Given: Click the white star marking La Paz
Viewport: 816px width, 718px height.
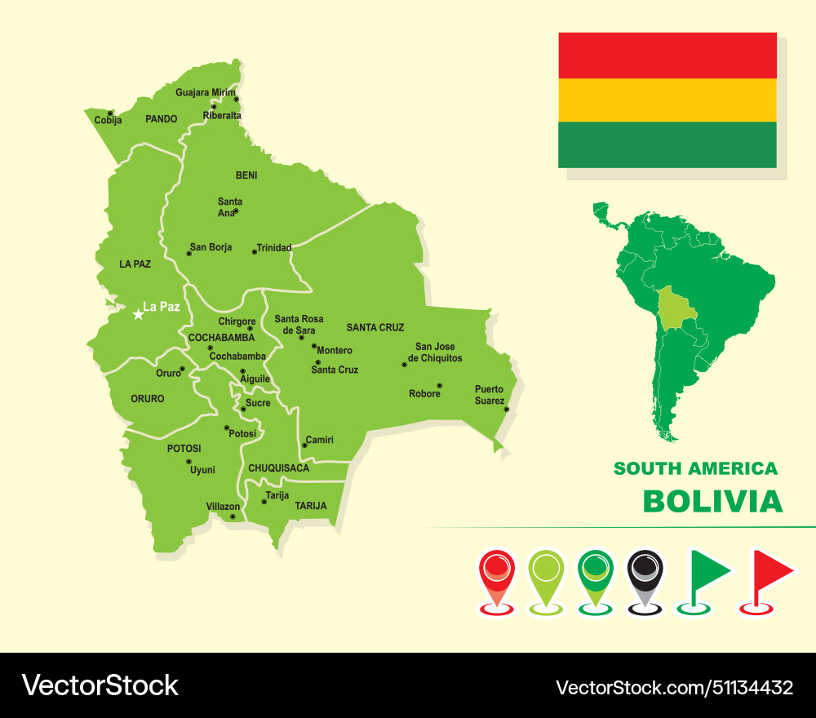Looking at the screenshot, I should point(138,313).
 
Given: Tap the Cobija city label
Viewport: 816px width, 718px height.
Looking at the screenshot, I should point(108,121).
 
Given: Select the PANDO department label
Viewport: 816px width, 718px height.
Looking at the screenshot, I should point(161,119).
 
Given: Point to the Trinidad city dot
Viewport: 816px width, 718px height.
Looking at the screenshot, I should point(254,251).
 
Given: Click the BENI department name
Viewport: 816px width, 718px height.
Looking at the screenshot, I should point(246,175).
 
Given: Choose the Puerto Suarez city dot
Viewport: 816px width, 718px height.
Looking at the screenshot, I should point(506,409).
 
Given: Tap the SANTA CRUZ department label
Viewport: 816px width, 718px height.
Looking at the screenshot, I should point(375,328).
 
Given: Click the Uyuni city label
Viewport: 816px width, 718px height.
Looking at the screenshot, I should point(202,470).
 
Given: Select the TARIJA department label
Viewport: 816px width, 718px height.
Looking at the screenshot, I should point(311,506).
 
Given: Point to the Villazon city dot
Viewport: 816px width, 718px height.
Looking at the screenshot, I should point(233,516).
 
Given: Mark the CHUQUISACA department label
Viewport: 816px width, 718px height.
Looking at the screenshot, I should point(279,468).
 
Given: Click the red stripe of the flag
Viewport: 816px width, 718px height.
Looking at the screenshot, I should point(667,55).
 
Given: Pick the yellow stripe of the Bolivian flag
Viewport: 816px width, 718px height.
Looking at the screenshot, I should point(667,100).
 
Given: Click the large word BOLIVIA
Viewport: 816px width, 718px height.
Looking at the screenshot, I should point(712,501).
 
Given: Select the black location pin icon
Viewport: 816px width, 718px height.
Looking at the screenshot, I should point(645,575).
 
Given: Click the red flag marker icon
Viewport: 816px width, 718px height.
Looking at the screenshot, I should point(769,575).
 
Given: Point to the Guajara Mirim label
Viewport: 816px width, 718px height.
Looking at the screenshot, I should point(205,93).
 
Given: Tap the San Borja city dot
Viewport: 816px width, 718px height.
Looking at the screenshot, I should point(188,254).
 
